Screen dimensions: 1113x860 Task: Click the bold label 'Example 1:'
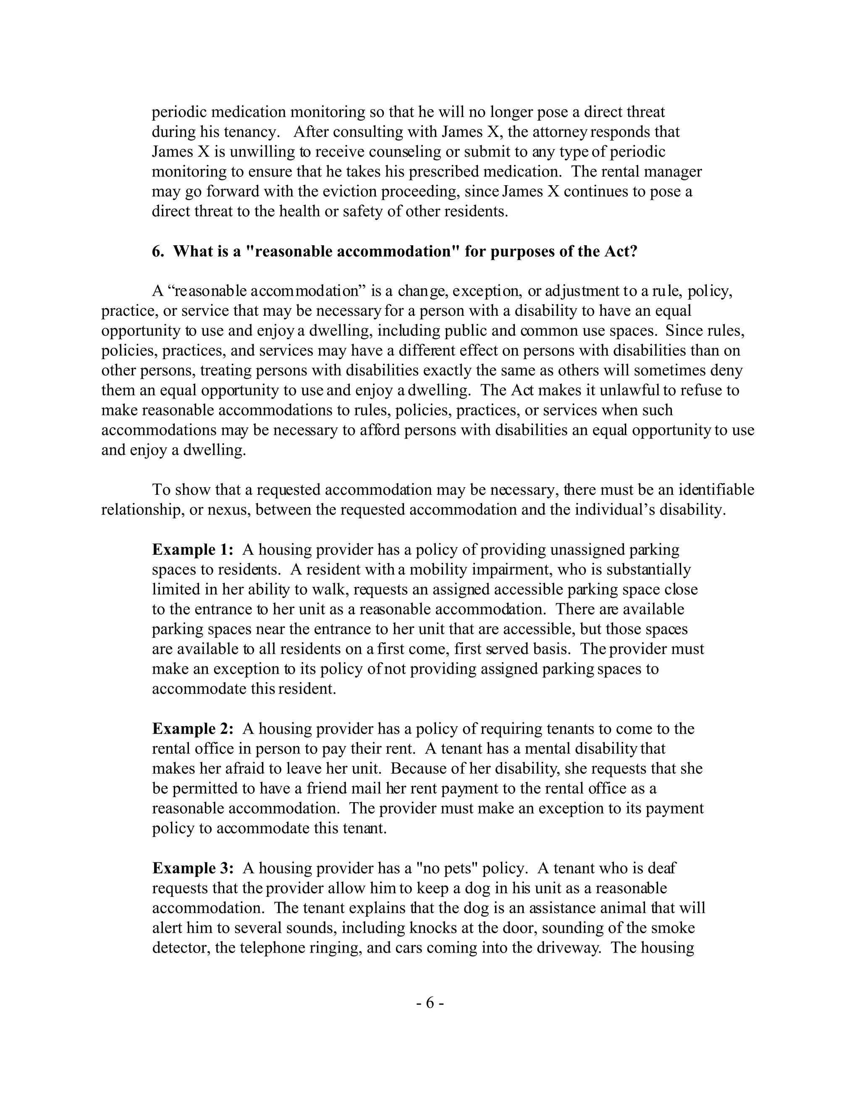(193, 550)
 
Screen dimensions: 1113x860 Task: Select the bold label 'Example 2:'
(193, 729)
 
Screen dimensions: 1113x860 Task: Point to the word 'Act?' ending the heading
(621, 252)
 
